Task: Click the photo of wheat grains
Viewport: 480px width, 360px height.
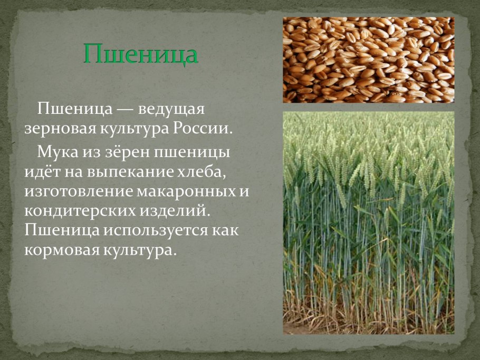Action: tap(368, 60)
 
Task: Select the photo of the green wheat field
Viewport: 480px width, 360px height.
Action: tap(368, 222)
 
